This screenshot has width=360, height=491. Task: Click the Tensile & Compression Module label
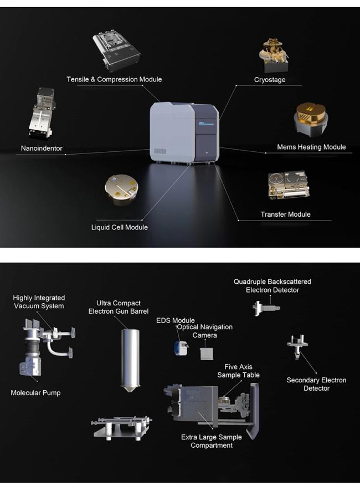tap(114, 80)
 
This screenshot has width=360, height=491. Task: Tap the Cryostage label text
tap(270, 80)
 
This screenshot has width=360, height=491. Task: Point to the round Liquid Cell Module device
tap(122, 190)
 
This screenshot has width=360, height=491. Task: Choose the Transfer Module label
tap(285, 214)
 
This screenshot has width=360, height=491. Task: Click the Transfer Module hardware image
tap(288, 186)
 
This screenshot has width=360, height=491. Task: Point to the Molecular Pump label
tap(35, 393)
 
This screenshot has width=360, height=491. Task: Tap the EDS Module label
tap(176, 321)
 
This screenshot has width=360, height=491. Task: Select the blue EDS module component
tap(181, 348)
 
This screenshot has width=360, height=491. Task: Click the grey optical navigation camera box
tap(207, 354)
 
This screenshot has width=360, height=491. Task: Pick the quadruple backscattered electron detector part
tap(266, 308)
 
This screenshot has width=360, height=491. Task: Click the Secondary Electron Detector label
tap(316, 384)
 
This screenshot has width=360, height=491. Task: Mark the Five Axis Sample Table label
tap(239, 371)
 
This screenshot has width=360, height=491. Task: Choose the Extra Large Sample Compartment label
tap(212, 442)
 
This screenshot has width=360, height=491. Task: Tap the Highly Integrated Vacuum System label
tap(39, 302)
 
